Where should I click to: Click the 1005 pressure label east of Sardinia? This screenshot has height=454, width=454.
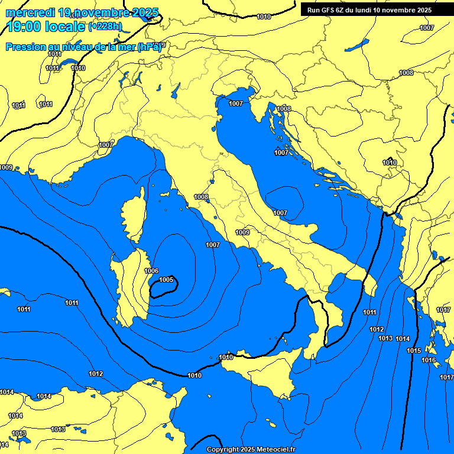[x=166, y=280]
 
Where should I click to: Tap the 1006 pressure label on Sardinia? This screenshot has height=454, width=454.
[x=151, y=271]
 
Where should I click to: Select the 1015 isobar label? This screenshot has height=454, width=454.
[x=414, y=351]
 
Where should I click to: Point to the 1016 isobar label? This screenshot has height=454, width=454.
[x=429, y=360]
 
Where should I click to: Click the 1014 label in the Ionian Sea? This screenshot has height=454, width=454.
[x=403, y=339]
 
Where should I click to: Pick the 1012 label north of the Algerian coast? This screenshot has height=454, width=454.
[x=96, y=374]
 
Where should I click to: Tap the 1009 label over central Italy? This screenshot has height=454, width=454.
[x=242, y=232]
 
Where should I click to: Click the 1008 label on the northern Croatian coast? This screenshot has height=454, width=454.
[x=284, y=109]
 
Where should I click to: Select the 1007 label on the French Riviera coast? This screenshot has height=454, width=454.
[x=106, y=145]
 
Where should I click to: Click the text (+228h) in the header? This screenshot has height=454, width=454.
[x=105, y=26]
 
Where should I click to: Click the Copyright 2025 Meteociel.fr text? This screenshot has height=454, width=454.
[x=251, y=449]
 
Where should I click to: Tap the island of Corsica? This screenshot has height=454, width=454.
[x=133, y=219]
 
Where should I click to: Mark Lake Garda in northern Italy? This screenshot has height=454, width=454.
[x=176, y=90]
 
